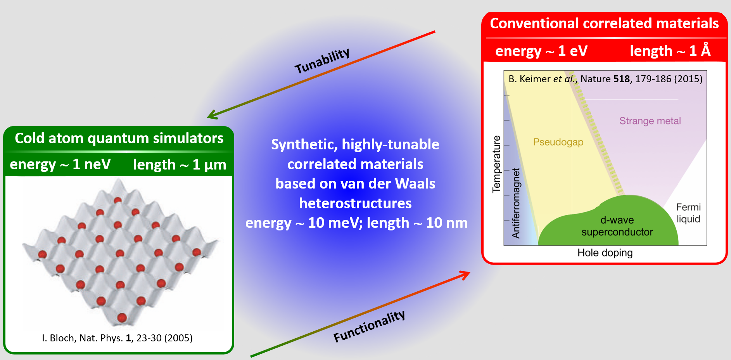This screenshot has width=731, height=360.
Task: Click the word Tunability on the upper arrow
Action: [x=322, y=61]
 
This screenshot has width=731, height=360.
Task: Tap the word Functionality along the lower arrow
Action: [x=369, y=326]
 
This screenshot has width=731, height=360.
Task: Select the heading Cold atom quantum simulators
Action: [x=119, y=138]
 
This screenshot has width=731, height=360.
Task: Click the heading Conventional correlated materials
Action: [x=604, y=23]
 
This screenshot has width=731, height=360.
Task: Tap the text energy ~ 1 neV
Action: [x=60, y=164]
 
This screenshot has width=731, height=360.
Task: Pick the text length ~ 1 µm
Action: [x=180, y=165]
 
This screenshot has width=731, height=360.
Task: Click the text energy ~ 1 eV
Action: [x=541, y=51]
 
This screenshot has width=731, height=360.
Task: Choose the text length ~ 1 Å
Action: [x=670, y=50]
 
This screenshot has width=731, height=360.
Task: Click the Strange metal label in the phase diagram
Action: [x=650, y=121]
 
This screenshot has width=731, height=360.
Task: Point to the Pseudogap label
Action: [x=558, y=142]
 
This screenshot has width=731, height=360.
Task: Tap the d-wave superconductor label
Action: [x=617, y=226]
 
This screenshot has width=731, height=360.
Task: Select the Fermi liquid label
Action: [x=688, y=213]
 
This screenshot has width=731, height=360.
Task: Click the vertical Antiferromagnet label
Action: [x=516, y=203]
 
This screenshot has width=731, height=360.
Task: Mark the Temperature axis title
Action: [x=496, y=164]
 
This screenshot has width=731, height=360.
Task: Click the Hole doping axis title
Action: [x=605, y=253]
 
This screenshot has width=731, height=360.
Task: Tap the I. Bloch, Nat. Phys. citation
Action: [x=117, y=338]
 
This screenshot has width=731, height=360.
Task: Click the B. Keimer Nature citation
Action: [x=605, y=79]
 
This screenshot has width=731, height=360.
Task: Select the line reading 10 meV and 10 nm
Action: [x=356, y=223]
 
